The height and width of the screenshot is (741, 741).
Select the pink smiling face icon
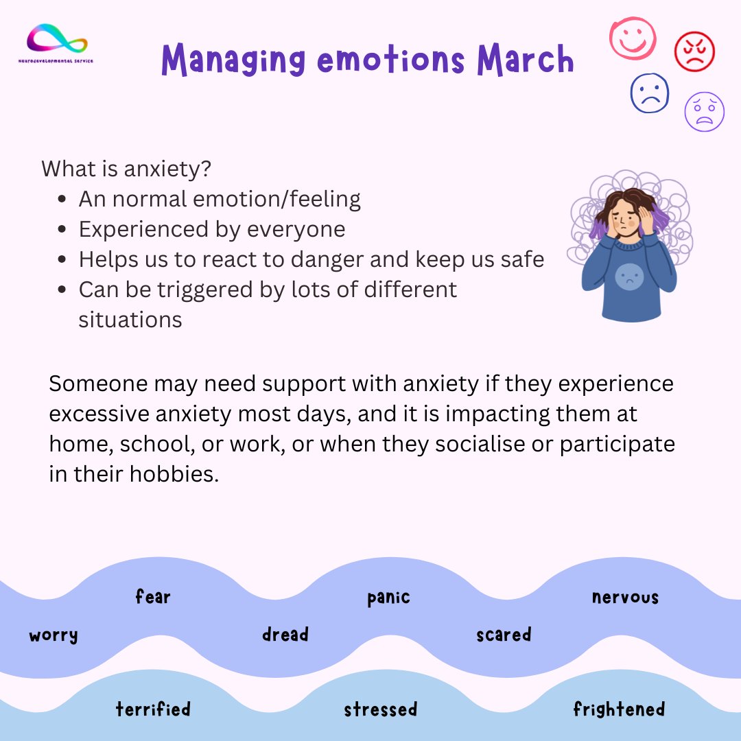coord(633,38)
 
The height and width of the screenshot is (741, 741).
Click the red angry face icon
coord(694,52)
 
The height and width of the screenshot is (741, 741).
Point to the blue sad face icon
coord(649,93)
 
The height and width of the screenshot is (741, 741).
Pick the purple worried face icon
coord(704,111)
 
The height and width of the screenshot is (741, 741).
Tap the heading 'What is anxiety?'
coord(126,169)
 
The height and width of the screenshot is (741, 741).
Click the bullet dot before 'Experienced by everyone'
coord(63,230)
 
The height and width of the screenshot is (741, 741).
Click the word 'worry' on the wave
coord(54,635)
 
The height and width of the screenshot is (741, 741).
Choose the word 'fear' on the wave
coord(152,597)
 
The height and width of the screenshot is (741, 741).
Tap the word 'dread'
coord(285,635)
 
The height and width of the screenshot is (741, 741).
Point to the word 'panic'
coord(388,598)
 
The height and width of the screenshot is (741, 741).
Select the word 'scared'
coord(504,635)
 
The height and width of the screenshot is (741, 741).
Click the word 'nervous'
coord(625,598)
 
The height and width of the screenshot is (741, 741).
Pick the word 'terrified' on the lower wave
coord(153,709)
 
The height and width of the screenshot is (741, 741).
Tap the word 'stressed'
coord(380,709)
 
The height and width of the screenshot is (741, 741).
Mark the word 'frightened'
coord(619,709)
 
